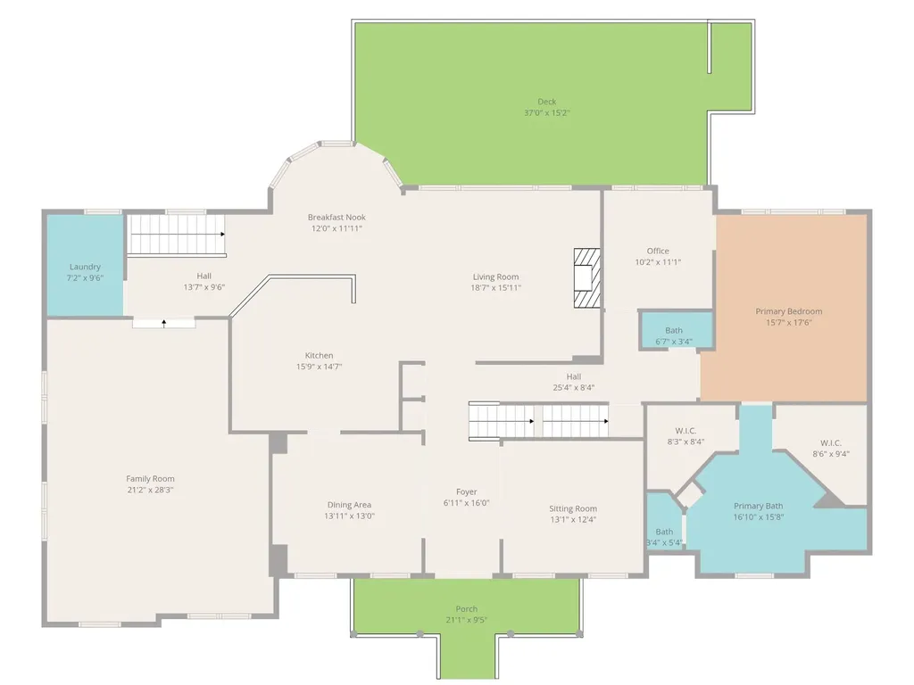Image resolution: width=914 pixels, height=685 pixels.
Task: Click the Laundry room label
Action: pos(85,267)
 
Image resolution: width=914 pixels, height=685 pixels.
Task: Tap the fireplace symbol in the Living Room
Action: pos(586,278)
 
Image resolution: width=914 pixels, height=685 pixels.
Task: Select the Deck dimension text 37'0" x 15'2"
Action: pos(547,112)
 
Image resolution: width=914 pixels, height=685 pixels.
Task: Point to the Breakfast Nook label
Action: pos(337,218)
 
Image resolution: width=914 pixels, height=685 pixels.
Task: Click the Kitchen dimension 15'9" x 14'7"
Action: pos(319,367)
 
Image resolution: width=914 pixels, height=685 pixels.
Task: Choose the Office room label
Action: pos(658,251)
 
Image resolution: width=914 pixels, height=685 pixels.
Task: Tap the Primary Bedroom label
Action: pos(789,311)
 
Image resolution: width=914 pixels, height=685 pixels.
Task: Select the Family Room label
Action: pos(150,479)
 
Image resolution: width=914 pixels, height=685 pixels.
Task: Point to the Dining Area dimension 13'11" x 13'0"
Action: pos(349,516)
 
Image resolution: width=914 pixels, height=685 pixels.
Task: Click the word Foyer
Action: pos(466,492)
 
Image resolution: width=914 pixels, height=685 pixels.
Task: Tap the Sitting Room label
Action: pos(573,508)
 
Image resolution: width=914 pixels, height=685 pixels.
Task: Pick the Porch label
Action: pos(466,608)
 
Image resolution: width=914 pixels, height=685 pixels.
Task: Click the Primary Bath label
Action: pos(759,506)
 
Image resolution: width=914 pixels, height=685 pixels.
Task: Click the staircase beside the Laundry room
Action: pos(177,235)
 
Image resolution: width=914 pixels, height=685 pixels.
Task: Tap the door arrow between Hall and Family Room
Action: pos(164,323)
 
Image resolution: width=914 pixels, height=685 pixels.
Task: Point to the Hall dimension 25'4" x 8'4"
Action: pos(574,387)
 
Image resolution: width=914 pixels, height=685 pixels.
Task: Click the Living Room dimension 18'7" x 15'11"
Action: pos(496,288)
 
